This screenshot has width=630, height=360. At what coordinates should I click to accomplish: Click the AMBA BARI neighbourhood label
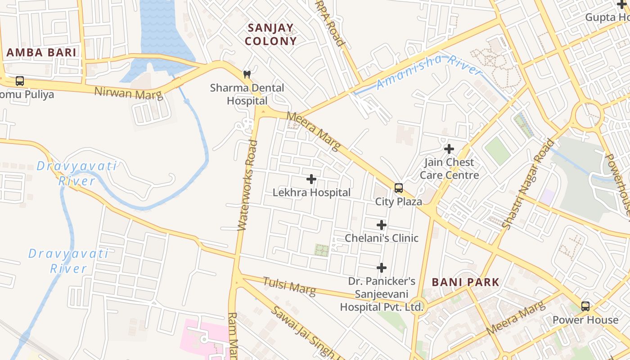(41, 52)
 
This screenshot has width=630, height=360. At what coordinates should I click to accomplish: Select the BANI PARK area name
(465, 282)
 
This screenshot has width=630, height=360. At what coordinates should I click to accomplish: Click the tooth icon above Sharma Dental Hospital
(247, 74)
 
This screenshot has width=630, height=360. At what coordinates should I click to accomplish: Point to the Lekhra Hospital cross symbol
(311, 179)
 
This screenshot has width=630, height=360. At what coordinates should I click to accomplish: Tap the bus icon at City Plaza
(399, 188)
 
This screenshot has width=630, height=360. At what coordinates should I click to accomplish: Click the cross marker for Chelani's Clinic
(382, 225)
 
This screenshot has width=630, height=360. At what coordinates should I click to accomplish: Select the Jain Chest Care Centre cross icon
(449, 148)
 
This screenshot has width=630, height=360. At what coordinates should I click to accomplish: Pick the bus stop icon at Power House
(585, 306)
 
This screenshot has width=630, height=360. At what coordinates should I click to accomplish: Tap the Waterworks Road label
(248, 185)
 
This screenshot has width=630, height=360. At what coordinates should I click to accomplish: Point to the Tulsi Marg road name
(289, 286)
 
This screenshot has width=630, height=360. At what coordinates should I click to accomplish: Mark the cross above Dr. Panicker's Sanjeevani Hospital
(382, 268)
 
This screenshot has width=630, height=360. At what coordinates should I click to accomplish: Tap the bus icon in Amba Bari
(20, 81)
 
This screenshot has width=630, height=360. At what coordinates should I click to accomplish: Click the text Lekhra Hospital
(311, 193)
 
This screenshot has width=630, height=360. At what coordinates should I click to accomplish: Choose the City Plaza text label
(399, 202)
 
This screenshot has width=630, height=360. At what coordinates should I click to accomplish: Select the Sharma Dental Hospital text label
(247, 94)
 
